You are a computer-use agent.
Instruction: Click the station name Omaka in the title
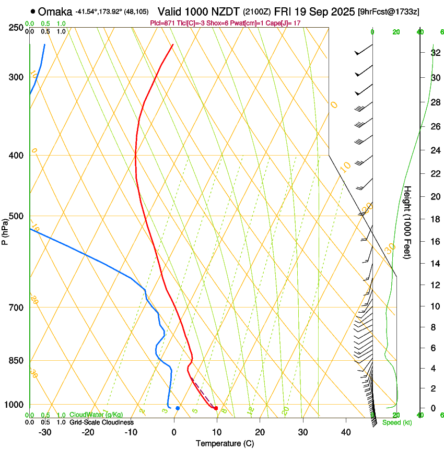pyautogui.click(x=56, y=11)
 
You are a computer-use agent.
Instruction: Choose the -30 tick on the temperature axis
pyautogui.click(x=45, y=432)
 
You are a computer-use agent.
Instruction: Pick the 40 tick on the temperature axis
pyautogui.click(x=345, y=432)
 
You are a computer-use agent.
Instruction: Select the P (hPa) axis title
pyautogui.click(x=5, y=230)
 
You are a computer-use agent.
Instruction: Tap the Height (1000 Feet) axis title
pyautogui.click(x=408, y=222)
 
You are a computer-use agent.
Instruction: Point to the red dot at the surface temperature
pyautogui.click(x=216, y=408)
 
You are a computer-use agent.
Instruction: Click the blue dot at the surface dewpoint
pyautogui.click(x=178, y=408)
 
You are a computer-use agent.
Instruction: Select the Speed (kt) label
pyautogui.click(x=396, y=422)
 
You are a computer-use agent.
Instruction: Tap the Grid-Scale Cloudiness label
pyautogui.click(x=101, y=422)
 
